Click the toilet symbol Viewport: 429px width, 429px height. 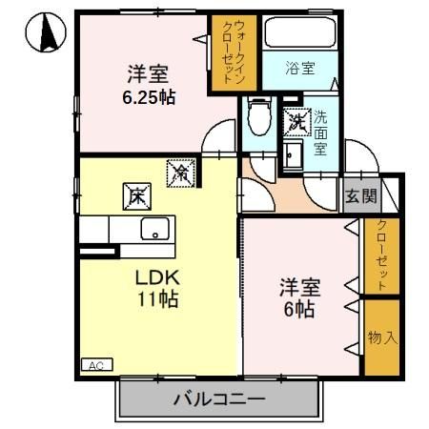(x=258, y=118)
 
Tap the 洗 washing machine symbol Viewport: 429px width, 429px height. (x=296, y=122)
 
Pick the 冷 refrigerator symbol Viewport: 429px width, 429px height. (x=179, y=173)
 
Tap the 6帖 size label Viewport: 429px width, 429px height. (x=296, y=309)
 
